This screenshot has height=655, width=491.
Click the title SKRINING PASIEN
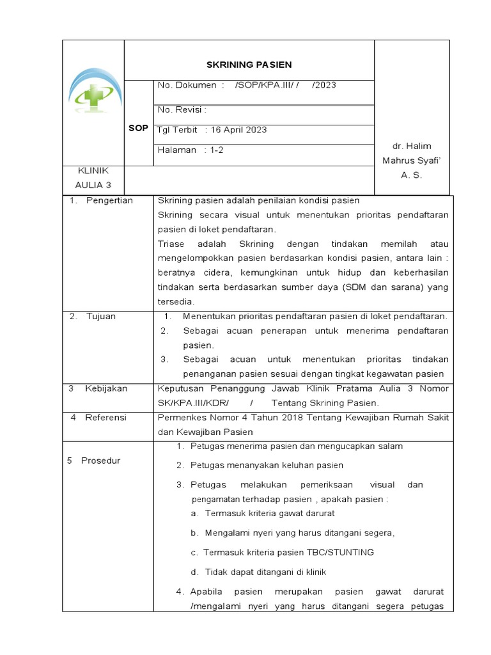249,65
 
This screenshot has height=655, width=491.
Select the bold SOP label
138,128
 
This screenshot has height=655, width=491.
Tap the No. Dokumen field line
247,84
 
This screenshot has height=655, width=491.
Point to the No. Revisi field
182,109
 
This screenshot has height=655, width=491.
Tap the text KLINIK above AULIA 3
93,171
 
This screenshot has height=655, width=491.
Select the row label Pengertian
109,200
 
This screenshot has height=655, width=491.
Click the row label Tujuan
101,316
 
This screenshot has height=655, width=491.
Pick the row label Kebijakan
106,388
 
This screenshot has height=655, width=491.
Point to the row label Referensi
105,417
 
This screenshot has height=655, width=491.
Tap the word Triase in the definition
170,244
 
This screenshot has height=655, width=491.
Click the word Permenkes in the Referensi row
180,417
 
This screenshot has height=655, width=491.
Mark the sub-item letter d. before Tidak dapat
194,572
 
